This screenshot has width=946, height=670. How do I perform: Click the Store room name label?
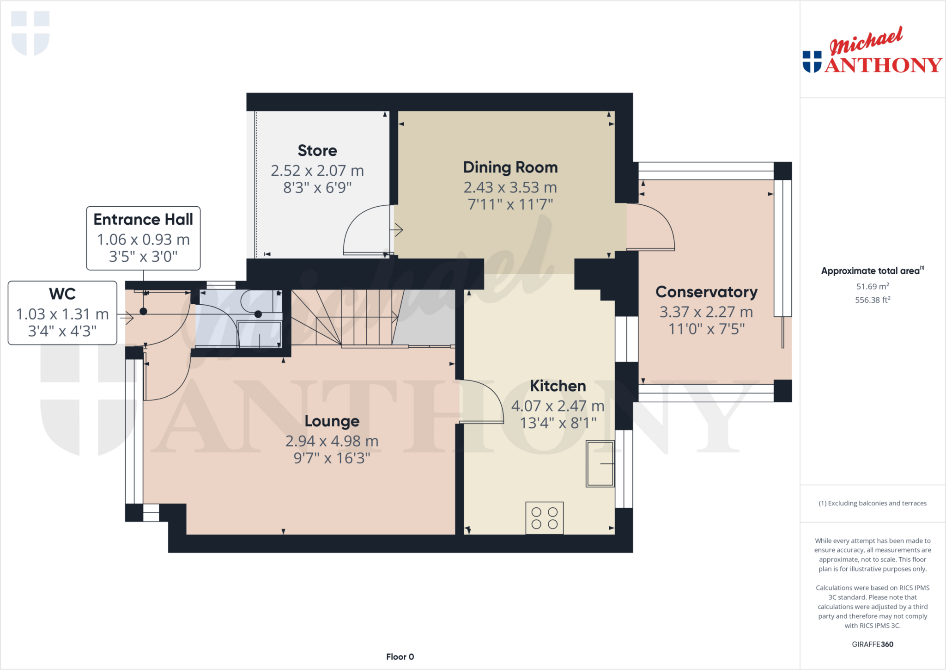[x=317, y=151]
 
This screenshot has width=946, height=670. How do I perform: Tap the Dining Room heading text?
[x=510, y=167]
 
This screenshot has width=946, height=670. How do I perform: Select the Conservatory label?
[x=706, y=292]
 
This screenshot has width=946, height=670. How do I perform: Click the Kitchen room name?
[x=558, y=386]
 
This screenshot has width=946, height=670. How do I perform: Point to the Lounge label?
[x=332, y=421]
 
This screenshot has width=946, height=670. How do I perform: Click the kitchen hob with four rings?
[x=544, y=518]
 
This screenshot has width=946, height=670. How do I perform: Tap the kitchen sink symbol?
[x=600, y=463]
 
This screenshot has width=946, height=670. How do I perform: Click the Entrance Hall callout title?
[x=143, y=219]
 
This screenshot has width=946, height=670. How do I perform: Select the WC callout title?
[x=62, y=294]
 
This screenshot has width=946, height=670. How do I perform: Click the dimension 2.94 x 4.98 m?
[x=332, y=441]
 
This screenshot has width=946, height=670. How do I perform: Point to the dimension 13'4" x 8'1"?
[x=558, y=423]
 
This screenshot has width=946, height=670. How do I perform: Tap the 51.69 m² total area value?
[x=872, y=286]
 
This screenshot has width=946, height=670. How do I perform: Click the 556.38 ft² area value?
[x=872, y=300]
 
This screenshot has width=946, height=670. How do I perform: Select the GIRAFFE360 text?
[x=872, y=644]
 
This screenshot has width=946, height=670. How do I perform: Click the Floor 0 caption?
[x=400, y=657]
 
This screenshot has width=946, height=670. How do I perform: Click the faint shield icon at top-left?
[x=30, y=33]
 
